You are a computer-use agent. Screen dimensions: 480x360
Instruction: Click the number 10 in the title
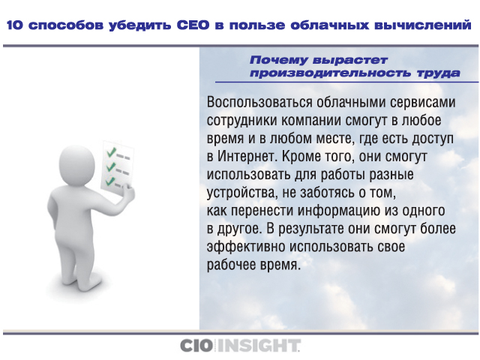point(15,25)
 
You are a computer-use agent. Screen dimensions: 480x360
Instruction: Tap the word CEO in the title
point(193,25)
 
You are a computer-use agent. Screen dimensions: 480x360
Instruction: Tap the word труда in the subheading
point(438,73)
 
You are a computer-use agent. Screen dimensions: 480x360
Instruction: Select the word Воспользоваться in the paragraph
point(259,102)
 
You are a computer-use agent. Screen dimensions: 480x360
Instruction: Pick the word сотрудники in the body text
point(241,121)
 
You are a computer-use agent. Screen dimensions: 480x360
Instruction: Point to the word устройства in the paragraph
point(241,193)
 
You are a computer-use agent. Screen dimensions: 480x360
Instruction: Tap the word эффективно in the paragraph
point(246,247)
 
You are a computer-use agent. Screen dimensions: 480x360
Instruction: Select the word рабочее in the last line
point(231,265)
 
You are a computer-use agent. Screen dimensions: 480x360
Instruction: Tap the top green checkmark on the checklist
point(111,151)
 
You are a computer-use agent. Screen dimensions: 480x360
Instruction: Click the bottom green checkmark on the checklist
point(110,181)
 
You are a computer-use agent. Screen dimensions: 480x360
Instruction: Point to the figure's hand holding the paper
point(128,193)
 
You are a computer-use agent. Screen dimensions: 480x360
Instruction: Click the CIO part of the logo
point(196,346)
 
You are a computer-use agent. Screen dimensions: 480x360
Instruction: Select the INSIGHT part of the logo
point(258,346)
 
